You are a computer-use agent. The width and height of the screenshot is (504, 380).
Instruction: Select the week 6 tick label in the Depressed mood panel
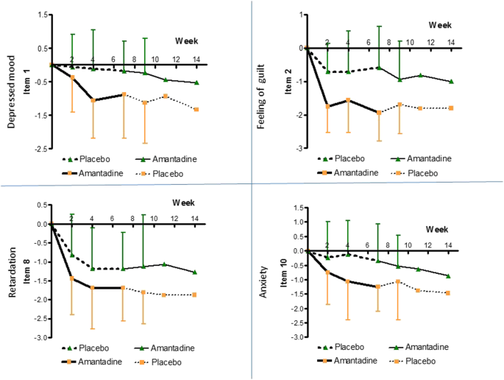[113, 60]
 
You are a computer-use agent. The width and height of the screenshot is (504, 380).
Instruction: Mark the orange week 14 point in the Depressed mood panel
[196, 109]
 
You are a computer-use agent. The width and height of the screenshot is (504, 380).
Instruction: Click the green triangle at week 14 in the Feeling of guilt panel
[452, 82]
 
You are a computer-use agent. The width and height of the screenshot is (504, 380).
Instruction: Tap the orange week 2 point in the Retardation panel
[71, 278]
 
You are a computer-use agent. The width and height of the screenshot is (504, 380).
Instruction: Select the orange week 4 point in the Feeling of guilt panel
[348, 100]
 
